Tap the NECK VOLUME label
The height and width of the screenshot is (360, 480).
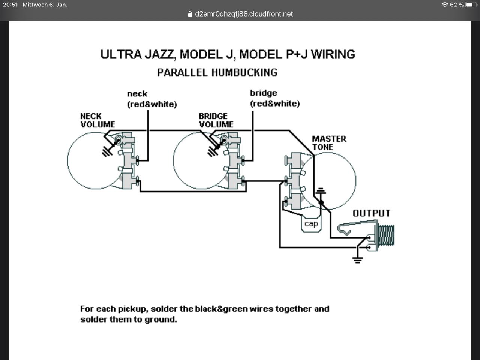[x=97, y=120]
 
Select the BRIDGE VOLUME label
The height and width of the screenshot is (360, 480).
[x=216, y=120]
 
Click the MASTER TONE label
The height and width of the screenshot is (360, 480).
[x=329, y=143]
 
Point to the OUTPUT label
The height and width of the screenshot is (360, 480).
[x=371, y=213]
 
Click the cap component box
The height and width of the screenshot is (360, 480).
[x=311, y=224]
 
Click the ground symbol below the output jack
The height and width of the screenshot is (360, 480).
[x=358, y=259]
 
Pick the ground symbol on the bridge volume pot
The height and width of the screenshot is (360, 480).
[x=213, y=151]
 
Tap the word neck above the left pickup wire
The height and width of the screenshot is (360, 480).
[x=137, y=94]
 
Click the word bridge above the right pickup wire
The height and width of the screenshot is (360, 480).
[x=264, y=93]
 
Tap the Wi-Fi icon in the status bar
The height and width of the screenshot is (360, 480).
[x=445, y=4]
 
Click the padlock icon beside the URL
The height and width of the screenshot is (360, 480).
[x=190, y=14]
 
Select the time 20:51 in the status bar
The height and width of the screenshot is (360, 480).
[x=10, y=4]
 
